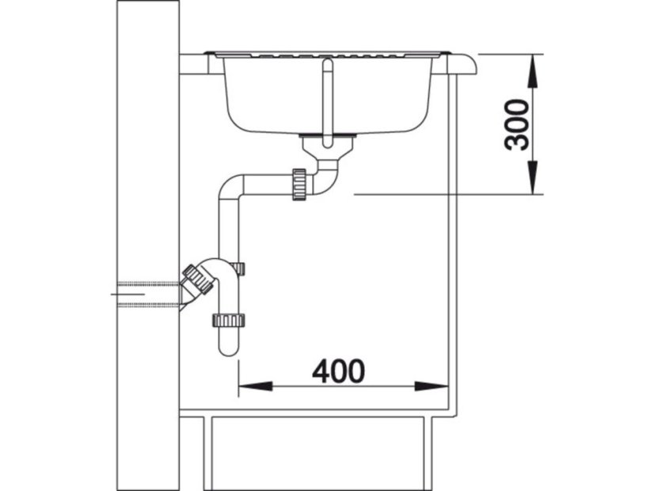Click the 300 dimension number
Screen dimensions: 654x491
pos(516,124)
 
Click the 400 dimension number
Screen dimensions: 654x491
pos(338,371)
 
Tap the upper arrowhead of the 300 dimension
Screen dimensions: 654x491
pos(533,71)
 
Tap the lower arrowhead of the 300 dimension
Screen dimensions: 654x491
pos(533,178)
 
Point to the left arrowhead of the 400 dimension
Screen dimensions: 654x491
pos(255,386)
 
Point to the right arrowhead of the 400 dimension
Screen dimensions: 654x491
pos(432,386)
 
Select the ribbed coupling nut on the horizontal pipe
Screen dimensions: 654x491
pos(299,185)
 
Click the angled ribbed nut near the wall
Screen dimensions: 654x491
pos(198,279)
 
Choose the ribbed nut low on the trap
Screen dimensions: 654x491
pos(228,321)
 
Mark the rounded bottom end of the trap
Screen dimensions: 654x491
pos(228,349)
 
